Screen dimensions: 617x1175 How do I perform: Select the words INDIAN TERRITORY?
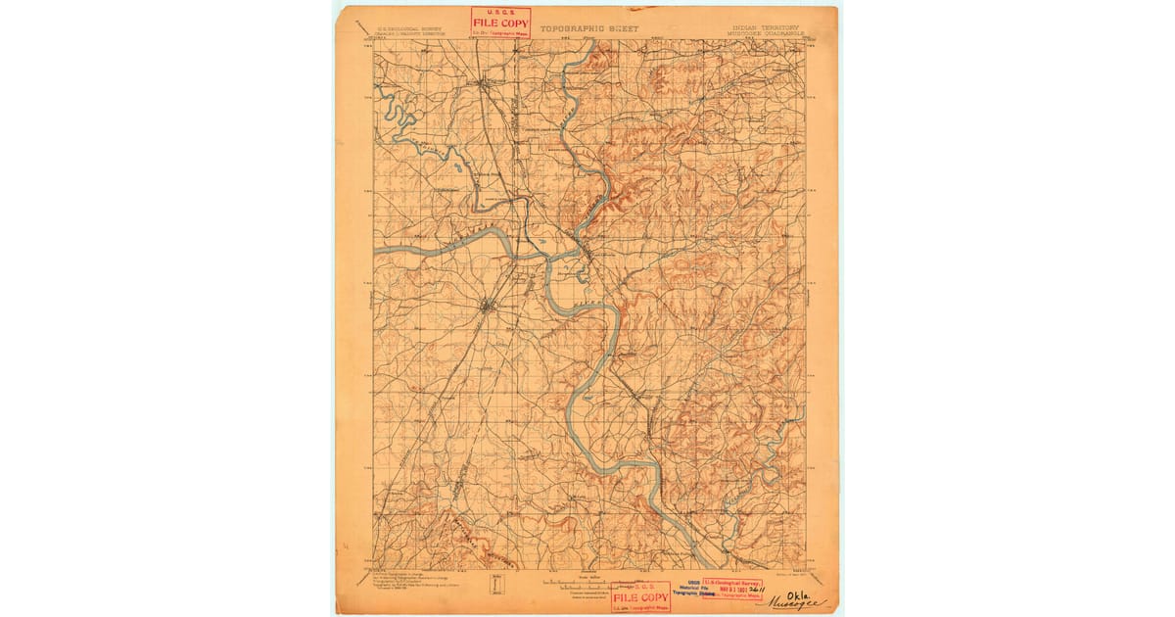coord(765,27)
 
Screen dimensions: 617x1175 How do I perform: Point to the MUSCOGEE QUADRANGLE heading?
coord(768,34)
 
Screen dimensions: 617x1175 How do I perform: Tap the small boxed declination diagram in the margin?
coord(494,585)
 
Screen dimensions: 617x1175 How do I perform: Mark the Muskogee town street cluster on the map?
coord(487,308)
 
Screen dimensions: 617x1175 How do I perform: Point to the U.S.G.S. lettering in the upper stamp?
coord(500,13)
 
